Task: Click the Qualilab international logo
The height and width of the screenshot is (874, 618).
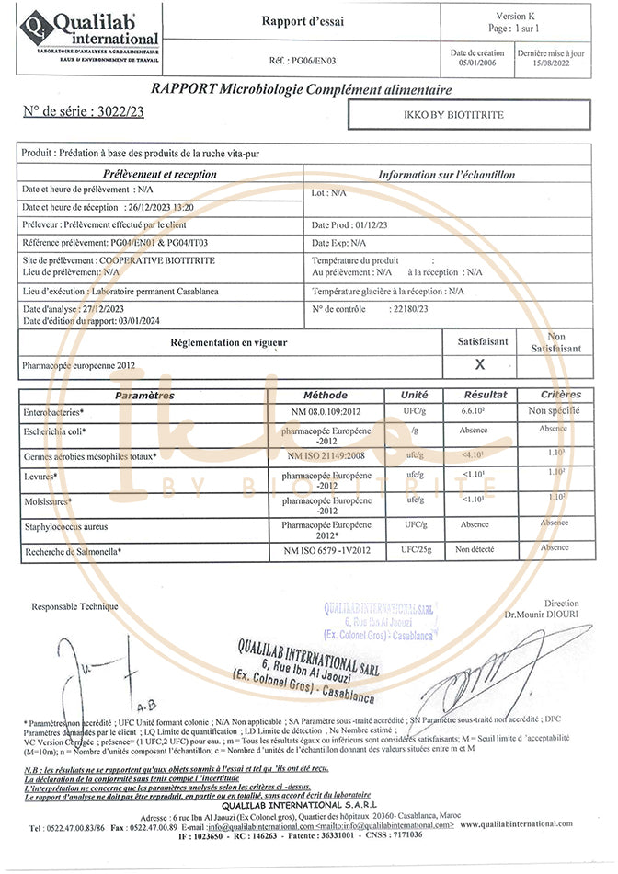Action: (x=90, y=36)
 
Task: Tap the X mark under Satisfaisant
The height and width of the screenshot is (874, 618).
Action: (x=479, y=365)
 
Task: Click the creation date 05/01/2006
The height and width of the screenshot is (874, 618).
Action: (x=477, y=63)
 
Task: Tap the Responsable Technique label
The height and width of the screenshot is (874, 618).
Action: (x=74, y=606)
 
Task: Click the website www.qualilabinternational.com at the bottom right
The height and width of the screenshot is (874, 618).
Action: (x=532, y=824)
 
